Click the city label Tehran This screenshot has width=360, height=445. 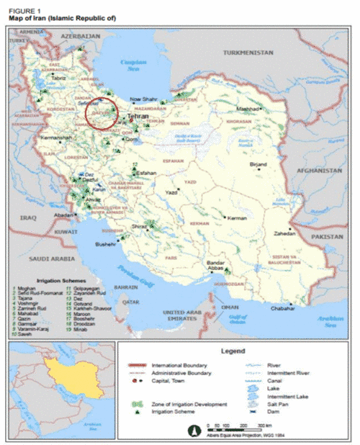(x=137, y=115)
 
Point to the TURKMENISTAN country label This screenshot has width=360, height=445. (x=248, y=53)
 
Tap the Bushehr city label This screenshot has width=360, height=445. (x=105, y=245)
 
